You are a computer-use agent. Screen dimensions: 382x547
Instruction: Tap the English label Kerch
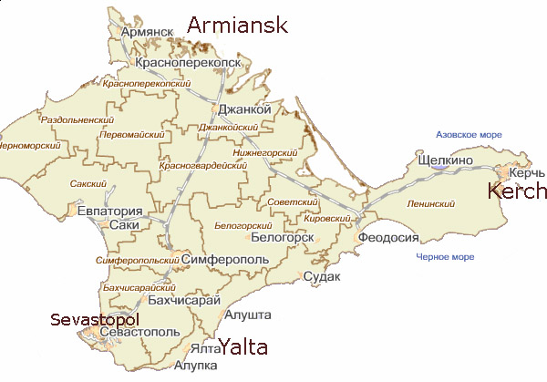point(517,191)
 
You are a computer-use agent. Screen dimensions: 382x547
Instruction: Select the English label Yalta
point(243,346)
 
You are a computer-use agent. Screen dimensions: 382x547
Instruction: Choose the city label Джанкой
point(245,109)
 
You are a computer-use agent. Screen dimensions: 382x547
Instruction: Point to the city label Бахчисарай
point(184,300)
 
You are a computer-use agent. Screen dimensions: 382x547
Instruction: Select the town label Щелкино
point(444,160)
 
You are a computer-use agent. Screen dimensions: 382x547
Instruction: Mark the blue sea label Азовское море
point(470,134)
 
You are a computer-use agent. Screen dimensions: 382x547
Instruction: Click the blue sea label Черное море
point(444,257)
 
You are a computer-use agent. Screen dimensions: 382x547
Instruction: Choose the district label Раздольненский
point(77,119)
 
